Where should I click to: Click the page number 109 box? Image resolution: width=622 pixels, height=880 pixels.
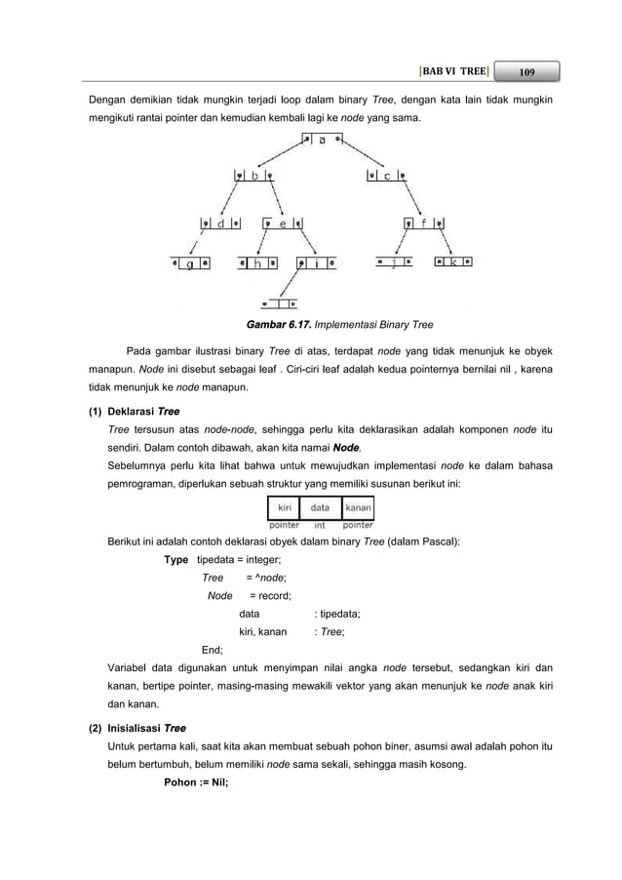526,72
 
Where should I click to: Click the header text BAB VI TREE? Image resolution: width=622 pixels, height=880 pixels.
451,72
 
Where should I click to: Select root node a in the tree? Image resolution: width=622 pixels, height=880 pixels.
323,140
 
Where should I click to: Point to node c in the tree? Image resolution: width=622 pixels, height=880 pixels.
387,177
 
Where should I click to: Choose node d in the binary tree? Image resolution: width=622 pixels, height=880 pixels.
221,223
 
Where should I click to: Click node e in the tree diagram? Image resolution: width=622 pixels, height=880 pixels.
283,223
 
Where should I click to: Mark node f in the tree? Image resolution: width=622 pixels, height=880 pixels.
426,223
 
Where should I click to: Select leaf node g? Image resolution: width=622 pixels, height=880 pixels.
191,263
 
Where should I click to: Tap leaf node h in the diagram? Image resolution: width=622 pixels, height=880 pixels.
258,263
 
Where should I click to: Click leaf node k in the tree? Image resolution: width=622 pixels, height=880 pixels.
453,262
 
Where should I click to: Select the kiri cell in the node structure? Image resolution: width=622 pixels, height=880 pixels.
285,507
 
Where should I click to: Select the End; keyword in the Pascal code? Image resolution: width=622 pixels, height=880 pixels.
212,649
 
